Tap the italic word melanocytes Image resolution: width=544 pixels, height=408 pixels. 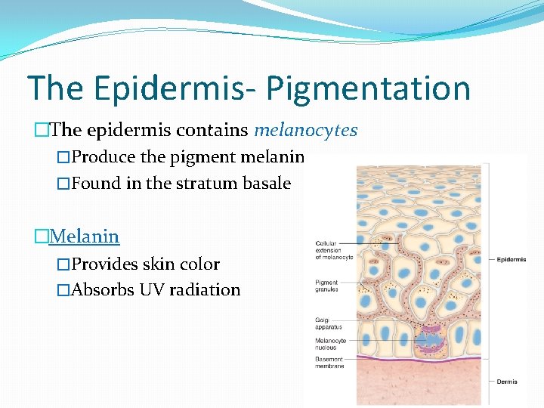pyautogui.click(x=305, y=130)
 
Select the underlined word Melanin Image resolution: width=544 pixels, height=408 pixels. pyautogui.click(x=84, y=236)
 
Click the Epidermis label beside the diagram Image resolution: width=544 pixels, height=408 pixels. pyautogui.click(x=512, y=259)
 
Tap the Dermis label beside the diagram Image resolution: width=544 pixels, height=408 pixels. pyautogui.click(x=507, y=382)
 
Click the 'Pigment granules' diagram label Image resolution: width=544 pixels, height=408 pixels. pyautogui.click(x=326, y=285)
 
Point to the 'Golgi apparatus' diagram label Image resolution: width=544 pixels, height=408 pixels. pyautogui.click(x=328, y=323)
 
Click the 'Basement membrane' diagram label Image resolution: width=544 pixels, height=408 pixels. pyautogui.click(x=329, y=362)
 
